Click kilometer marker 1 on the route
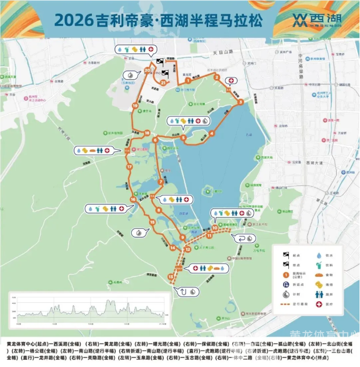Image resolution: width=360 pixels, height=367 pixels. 188,81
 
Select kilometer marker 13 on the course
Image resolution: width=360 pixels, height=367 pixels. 170,277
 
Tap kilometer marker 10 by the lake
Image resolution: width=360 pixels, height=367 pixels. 215,228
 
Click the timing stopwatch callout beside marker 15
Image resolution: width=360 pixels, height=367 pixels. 139,232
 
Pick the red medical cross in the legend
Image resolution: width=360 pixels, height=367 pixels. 320,305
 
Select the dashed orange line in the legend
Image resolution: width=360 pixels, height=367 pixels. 286,305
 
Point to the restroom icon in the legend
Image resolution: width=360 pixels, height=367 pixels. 320,295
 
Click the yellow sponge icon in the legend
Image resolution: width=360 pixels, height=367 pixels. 320,285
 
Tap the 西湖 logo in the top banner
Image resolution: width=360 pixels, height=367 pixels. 314,20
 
